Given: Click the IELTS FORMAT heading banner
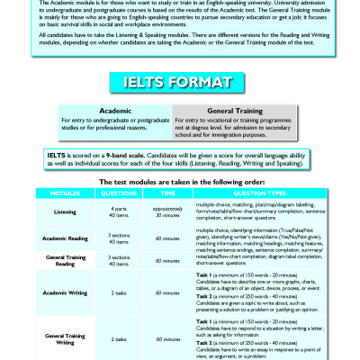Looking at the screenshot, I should point(179,84).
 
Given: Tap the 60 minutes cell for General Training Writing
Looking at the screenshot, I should point(167,341).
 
